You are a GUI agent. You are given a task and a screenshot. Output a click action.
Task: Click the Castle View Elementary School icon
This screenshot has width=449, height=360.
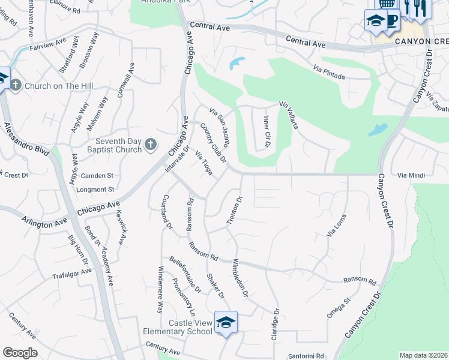pos(226,322)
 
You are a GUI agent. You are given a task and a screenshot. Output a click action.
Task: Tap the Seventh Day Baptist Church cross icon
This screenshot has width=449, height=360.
pos(150,144)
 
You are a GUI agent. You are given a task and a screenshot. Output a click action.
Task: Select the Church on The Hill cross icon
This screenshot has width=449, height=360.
pos(16,85)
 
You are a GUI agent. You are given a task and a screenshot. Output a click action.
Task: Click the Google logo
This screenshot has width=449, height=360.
pos(20,353)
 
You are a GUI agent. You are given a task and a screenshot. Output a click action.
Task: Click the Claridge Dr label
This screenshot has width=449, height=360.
pos(276,325)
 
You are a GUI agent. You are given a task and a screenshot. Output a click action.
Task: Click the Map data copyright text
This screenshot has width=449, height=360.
pos(424,355)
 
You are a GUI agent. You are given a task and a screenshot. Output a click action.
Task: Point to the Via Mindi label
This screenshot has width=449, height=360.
pos(411,175)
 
